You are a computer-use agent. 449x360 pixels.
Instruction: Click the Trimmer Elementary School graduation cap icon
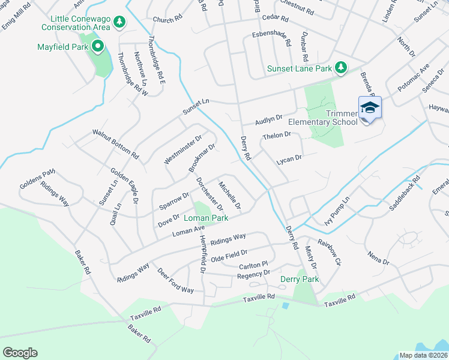point(370,107)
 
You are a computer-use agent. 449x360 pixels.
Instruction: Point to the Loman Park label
point(206,218)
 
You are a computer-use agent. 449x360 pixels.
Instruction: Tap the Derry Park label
point(300,279)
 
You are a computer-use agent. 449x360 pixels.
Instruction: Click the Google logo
point(20,353)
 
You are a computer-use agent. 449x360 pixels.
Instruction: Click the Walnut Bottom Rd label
point(115,143)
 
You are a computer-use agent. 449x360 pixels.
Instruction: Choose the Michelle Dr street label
point(230,196)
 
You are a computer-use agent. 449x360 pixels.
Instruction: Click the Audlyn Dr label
point(268,118)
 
